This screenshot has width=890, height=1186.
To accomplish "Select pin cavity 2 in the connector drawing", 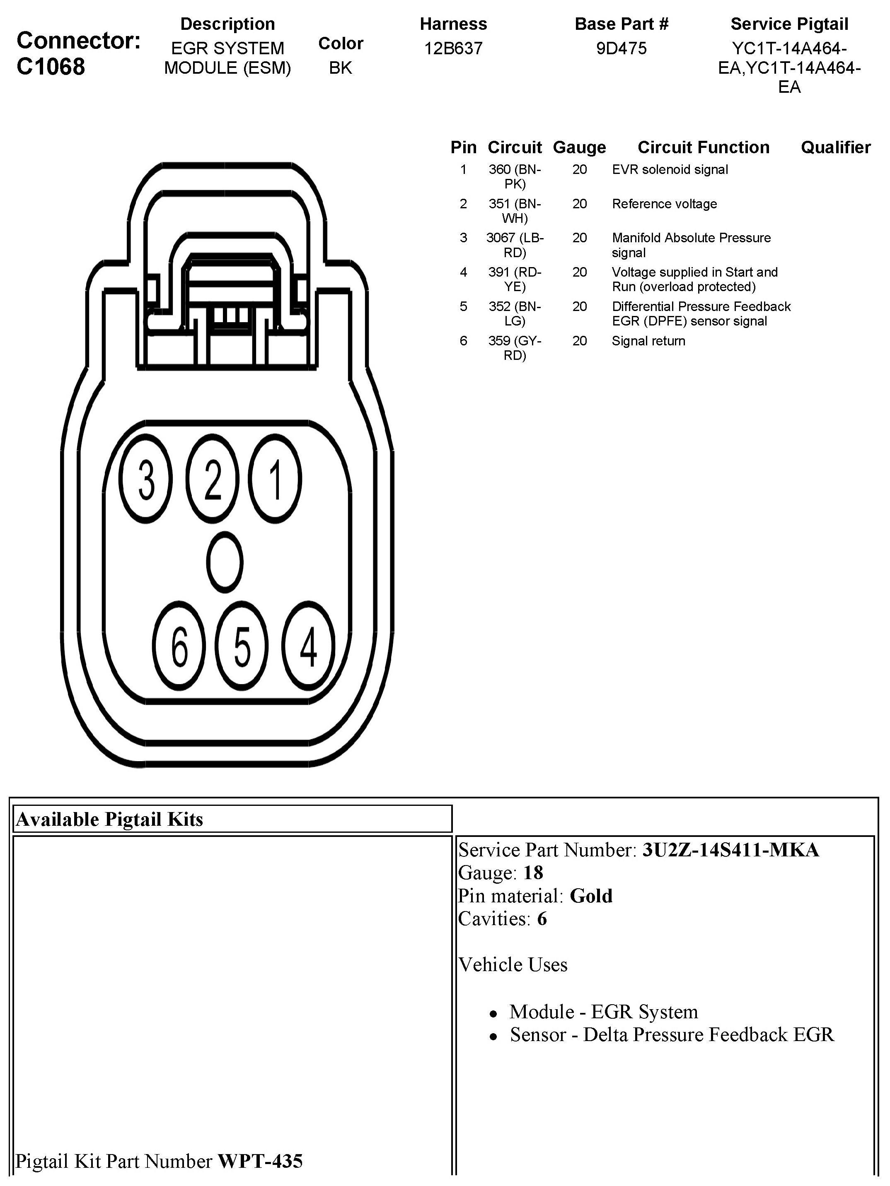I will [x=213, y=478].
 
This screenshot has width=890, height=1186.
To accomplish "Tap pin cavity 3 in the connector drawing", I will [x=146, y=478].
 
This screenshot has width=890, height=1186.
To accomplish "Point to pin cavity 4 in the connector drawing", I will [x=308, y=646].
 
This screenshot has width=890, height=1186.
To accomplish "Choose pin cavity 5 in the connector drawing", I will [x=242, y=646].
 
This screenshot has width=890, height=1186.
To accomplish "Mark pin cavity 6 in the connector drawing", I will [x=179, y=646].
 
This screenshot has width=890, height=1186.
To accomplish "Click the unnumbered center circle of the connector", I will [x=225, y=562].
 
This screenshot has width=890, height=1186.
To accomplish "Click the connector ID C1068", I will [x=51, y=67].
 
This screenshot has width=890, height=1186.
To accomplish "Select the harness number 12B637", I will [x=453, y=48].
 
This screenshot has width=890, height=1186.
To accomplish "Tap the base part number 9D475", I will [x=621, y=48].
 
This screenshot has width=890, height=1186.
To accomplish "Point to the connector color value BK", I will [x=341, y=68].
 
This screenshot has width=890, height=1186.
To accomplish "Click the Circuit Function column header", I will [x=703, y=147].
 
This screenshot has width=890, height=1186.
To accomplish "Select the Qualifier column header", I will [x=835, y=147].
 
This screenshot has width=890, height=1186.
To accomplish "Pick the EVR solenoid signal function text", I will [x=670, y=170].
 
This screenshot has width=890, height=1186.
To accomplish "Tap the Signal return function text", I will [x=648, y=341].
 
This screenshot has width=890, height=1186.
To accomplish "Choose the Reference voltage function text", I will [x=664, y=204].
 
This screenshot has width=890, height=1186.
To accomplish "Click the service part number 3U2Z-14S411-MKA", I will [x=730, y=850].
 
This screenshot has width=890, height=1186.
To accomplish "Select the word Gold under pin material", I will [x=591, y=896].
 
